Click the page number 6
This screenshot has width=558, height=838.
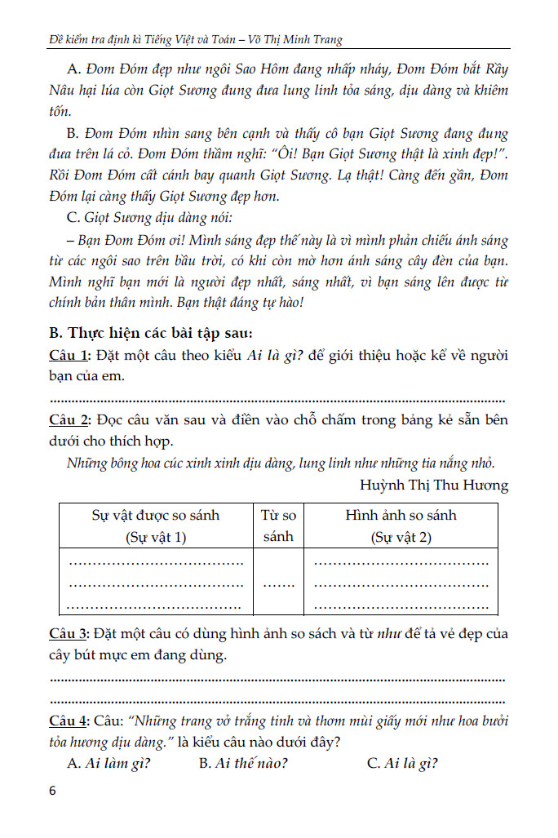(53, 791)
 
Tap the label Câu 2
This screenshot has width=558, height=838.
(69, 420)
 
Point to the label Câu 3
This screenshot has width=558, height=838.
(69, 634)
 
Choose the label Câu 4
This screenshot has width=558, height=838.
(69, 721)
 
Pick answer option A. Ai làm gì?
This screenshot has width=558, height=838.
(110, 764)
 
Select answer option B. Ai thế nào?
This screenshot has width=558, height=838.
(243, 764)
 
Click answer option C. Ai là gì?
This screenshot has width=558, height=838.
(402, 764)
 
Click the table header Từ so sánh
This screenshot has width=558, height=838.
(278, 526)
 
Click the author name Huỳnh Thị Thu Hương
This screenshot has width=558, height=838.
(433, 486)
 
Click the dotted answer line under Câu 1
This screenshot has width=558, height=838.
(277, 401)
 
